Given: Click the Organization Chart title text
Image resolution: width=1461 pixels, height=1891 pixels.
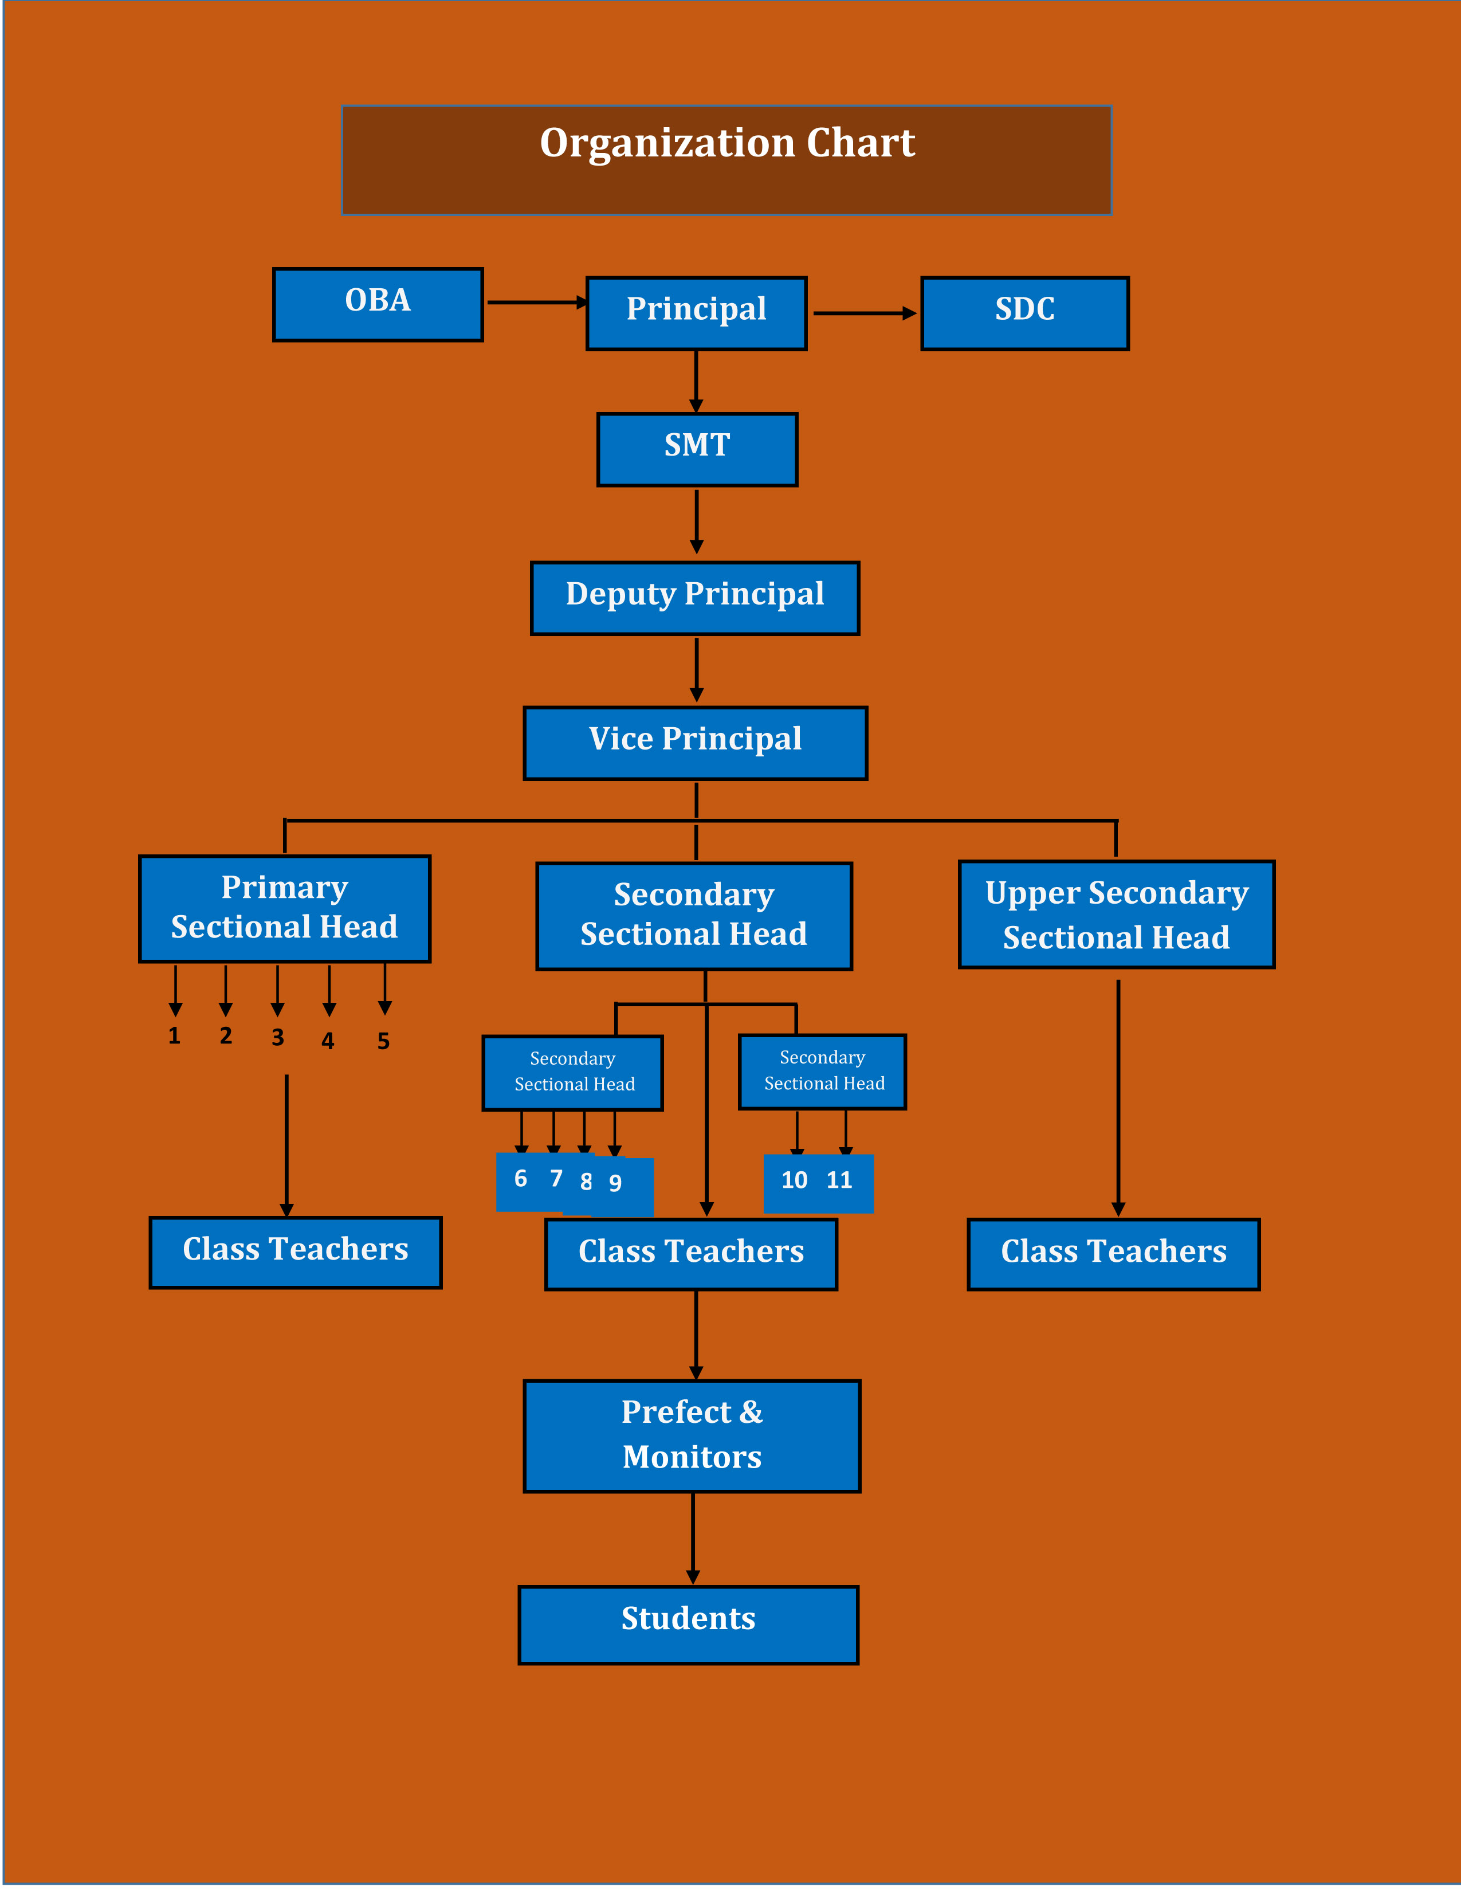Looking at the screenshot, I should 727,143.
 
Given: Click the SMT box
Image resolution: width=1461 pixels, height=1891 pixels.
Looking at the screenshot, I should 697,449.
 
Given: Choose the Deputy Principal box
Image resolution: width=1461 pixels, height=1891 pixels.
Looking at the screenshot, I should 695,598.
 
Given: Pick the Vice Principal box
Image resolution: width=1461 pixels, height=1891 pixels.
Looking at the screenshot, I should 695,743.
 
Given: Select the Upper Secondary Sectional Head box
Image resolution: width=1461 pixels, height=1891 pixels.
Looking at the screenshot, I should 1117,915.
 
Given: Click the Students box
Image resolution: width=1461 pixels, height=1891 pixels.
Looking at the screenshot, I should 688,1625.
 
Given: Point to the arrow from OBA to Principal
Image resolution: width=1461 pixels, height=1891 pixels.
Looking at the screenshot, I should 537,302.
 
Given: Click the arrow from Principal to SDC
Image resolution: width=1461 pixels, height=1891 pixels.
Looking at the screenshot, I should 864,313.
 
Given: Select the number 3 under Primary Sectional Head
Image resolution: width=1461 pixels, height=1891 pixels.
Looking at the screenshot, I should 278,1037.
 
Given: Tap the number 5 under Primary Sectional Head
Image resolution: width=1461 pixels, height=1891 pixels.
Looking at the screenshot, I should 383,1041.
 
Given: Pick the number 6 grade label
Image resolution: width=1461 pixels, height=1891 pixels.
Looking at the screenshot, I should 520,1178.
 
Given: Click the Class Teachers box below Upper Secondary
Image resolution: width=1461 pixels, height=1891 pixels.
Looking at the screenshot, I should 1113,1254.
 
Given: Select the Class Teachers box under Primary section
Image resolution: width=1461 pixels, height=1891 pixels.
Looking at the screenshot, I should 295,1252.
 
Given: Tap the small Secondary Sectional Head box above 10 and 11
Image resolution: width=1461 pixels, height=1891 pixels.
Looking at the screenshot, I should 822,1071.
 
